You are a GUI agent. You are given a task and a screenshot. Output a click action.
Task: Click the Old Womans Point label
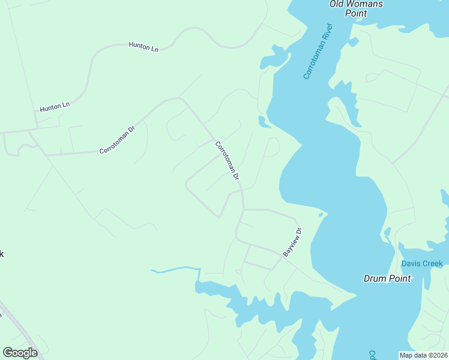[356, 8]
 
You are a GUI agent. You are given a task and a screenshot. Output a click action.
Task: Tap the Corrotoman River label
[318, 52]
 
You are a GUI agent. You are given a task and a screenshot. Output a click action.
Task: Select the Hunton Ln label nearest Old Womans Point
[143, 47]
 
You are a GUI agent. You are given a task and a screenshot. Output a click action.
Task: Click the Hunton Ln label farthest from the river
[55, 107]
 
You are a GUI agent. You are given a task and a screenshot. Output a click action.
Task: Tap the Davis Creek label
[422, 263]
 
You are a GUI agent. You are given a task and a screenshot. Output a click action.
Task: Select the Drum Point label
[387, 278]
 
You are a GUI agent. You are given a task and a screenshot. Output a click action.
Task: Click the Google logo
[20, 353]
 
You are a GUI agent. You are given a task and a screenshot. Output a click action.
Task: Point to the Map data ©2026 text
[423, 355]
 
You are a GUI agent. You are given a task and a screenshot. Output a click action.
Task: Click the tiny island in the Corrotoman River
[322, 214]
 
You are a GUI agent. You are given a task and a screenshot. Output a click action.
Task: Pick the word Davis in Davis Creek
[412, 263]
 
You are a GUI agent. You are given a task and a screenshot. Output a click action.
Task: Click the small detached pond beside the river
[264, 122]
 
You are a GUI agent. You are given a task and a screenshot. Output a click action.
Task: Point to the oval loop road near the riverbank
[272, 146]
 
